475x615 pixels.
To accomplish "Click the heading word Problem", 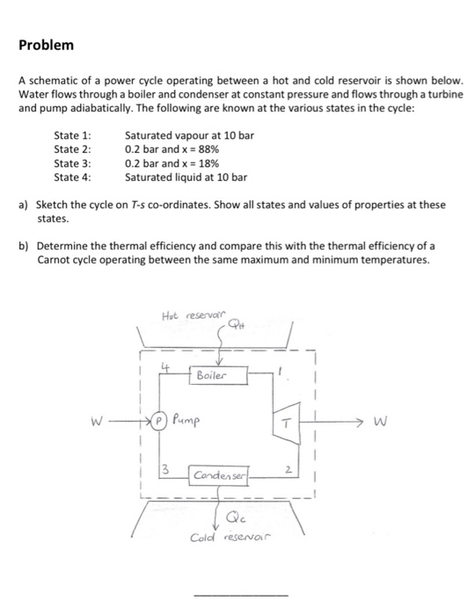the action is point(46,45).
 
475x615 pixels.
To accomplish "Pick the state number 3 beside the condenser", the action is point(163,478).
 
